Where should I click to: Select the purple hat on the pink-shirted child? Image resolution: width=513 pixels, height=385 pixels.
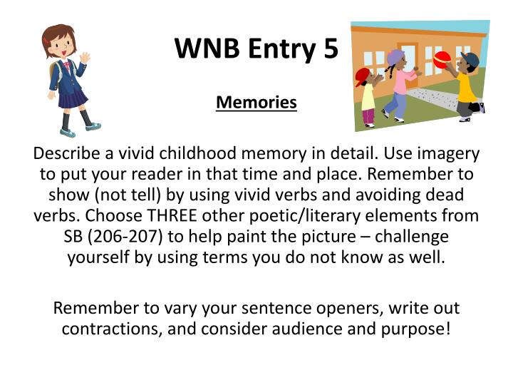tap(396, 56)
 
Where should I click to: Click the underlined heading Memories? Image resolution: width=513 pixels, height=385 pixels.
tap(256, 103)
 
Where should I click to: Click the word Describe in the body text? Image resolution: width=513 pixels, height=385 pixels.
tap(67, 153)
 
